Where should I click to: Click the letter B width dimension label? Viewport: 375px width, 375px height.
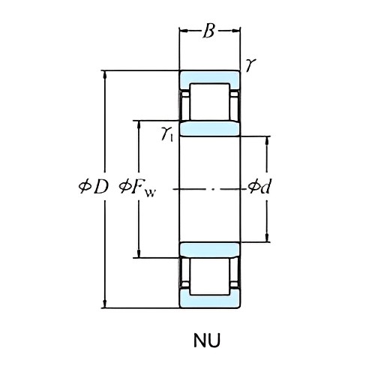209,31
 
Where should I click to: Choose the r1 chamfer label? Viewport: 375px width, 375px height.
167,133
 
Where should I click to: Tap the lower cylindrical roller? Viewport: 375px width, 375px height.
209,275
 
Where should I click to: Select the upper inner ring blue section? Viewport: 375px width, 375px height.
209,128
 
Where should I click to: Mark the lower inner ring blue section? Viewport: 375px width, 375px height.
209,249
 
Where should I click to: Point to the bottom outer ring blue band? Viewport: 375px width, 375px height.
209,300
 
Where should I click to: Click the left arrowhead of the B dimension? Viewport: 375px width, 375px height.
181,31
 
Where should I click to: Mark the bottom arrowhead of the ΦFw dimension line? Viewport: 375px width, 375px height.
137,254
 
